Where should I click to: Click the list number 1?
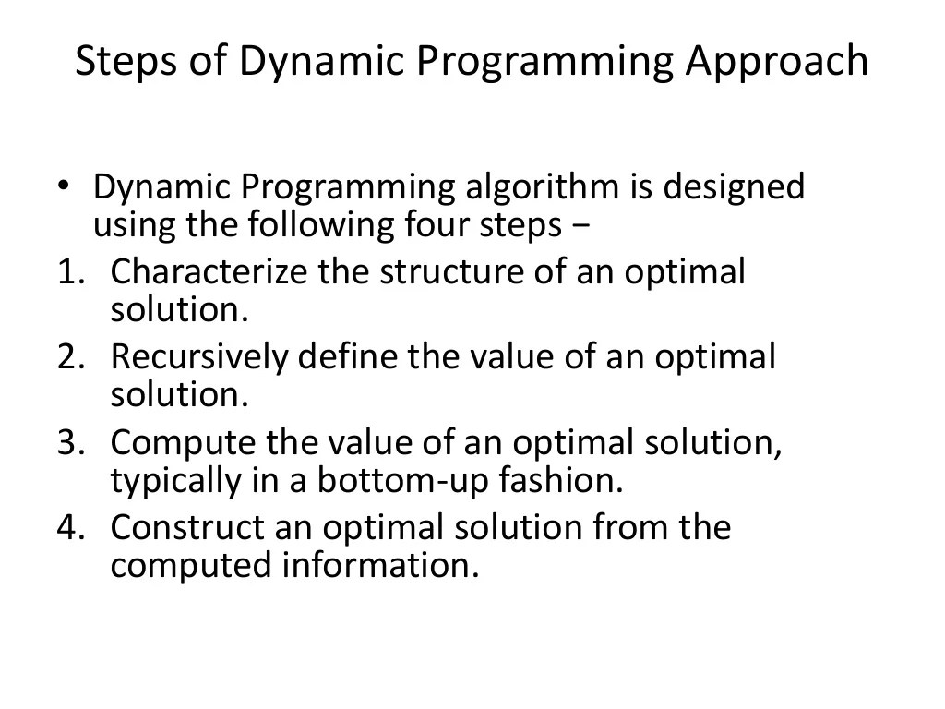(x=69, y=273)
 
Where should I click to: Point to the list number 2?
(x=69, y=358)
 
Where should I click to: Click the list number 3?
(x=69, y=443)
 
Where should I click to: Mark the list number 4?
(x=69, y=528)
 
